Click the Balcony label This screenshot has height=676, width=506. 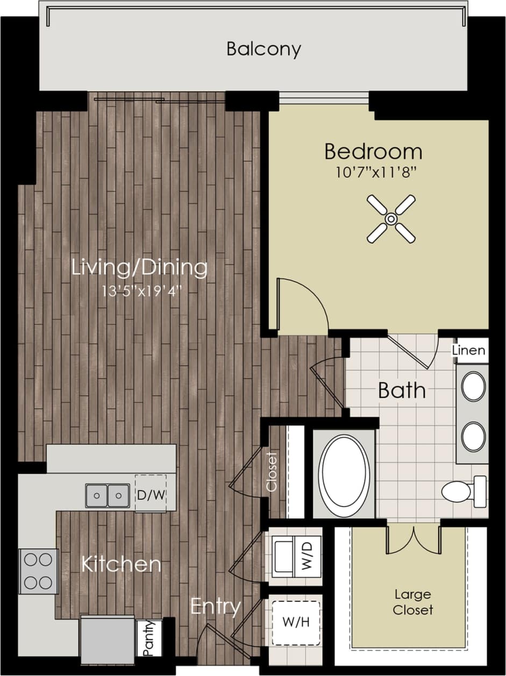(x=263, y=49)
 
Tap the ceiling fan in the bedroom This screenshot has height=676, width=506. (x=391, y=219)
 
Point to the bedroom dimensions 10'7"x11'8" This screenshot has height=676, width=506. (x=373, y=174)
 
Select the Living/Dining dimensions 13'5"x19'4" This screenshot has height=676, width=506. (x=140, y=291)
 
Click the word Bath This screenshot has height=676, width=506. (x=402, y=390)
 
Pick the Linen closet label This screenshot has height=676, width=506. (x=469, y=351)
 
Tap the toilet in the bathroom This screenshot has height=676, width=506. (x=463, y=490)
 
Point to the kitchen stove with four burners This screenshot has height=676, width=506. (x=38, y=571)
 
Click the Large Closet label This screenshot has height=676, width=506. (x=413, y=602)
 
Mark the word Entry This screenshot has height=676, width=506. (x=216, y=607)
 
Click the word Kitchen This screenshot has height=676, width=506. (x=121, y=564)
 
